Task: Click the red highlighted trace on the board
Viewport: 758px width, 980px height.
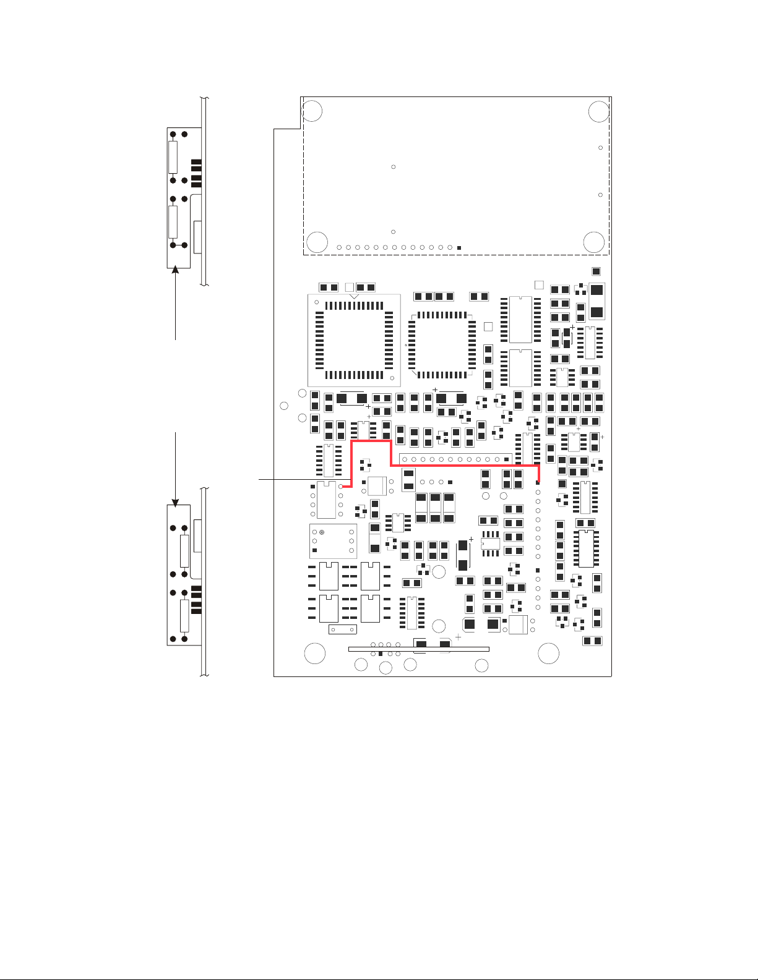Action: tap(464, 466)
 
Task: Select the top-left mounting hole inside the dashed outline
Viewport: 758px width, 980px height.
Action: tap(312, 111)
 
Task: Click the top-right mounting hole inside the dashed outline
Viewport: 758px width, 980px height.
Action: tap(598, 112)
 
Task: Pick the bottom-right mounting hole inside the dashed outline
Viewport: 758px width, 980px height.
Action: tap(594, 242)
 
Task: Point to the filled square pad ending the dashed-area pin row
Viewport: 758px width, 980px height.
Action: tap(459, 248)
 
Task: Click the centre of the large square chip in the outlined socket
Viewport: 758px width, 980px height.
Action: tap(354, 340)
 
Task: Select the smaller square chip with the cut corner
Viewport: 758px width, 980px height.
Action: tap(442, 344)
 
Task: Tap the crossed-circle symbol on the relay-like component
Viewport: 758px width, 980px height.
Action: tap(322, 532)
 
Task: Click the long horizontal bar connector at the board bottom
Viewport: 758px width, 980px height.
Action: tap(419, 649)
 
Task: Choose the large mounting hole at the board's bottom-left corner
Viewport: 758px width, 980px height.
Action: tap(315, 654)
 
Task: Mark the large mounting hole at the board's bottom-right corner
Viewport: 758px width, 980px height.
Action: tap(548, 654)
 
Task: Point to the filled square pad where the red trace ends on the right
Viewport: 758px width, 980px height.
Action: tap(538, 483)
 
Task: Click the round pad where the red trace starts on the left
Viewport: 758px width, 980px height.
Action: tap(341, 487)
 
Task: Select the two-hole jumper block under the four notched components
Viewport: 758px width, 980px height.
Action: tap(342, 630)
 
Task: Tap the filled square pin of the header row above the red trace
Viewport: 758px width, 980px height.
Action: tap(507, 459)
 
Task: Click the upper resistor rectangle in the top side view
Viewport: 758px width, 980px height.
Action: tap(173, 157)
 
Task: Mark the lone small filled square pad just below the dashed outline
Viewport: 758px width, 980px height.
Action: tap(596, 271)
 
